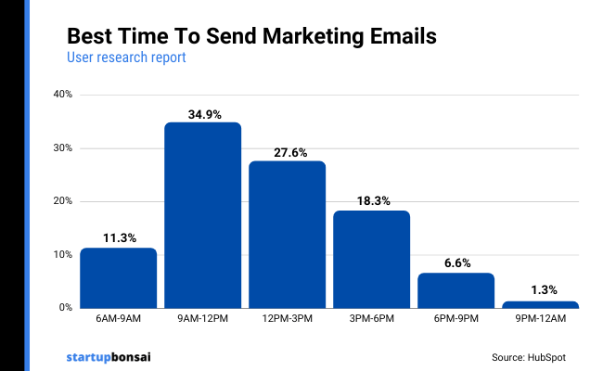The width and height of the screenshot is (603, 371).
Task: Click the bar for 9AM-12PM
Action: [x=202, y=215]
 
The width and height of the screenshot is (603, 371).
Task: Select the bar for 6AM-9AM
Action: [x=118, y=277]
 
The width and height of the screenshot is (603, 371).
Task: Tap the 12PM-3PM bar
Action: [x=287, y=234]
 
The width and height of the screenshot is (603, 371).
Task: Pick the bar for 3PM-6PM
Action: [x=371, y=259]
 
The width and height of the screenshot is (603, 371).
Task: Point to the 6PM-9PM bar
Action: [x=455, y=289]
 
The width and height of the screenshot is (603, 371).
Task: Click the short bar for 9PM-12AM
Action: [x=540, y=304]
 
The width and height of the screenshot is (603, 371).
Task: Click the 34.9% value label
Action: [x=202, y=114]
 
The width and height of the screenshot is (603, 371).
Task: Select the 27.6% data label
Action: [x=287, y=152]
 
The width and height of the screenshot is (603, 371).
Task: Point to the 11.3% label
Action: [x=118, y=237]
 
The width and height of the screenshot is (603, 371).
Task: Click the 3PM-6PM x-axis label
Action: [x=371, y=320]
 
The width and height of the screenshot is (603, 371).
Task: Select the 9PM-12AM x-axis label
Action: [x=540, y=320]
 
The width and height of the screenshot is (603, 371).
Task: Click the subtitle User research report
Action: [x=126, y=58]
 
